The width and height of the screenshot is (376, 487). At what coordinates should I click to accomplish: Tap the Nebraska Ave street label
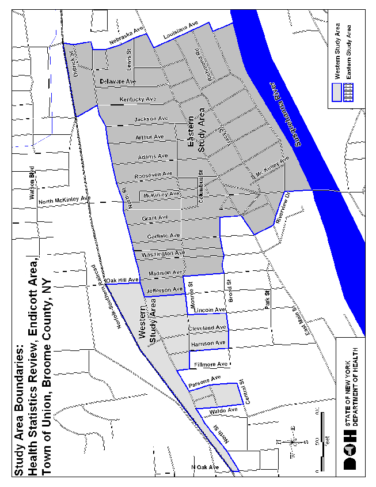tap(126, 36)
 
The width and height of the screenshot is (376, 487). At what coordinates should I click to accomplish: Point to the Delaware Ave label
tap(117, 81)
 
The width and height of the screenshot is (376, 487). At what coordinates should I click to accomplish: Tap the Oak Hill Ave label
tap(123, 280)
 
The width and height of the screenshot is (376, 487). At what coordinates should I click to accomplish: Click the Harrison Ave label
tap(208, 343)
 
